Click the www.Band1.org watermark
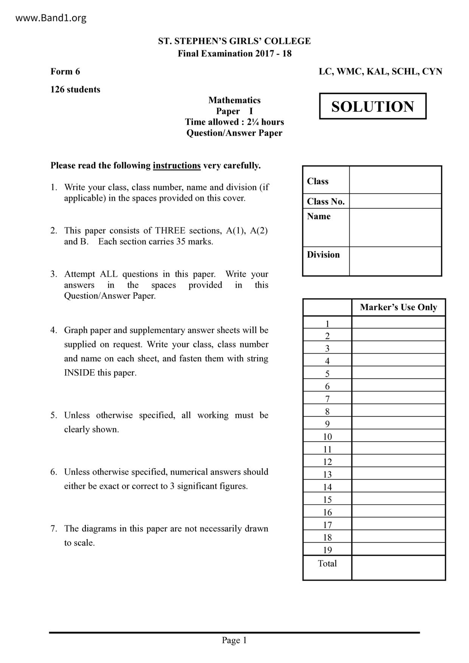pyautogui.click(x=51, y=18)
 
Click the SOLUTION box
pyautogui.click(x=373, y=106)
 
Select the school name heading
pyautogui.click(x=234, y=41)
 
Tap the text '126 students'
pyautogui.click(x=75, y=90)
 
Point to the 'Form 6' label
pyautogui.click(x=65, y=71)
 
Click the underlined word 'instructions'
pyautogui.click(x=177, y=166)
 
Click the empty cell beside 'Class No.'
pyautogui.click(x=395, y=201)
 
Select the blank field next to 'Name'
pyautogui.click(x=395, y=227)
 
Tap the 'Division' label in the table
pyautogui.click(x=323, y=255)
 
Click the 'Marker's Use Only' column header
pyautogui.click(x=398, y=307)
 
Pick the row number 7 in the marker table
pyautogui.click(x=328, y=399)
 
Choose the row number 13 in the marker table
pyautogui.click(x=328, y=474)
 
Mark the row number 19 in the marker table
pyautogui.click(x=328, y=550)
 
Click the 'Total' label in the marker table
pyautogui.click(x=328, y=564)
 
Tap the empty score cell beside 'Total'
pyautogui.click(x=398, y=567)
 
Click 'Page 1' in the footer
pyautogui.click(x=234, y=640)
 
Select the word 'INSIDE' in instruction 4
pyautogui.click(x=79, y=373)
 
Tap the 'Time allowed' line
pyautogui.click(x=234, y=122)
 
